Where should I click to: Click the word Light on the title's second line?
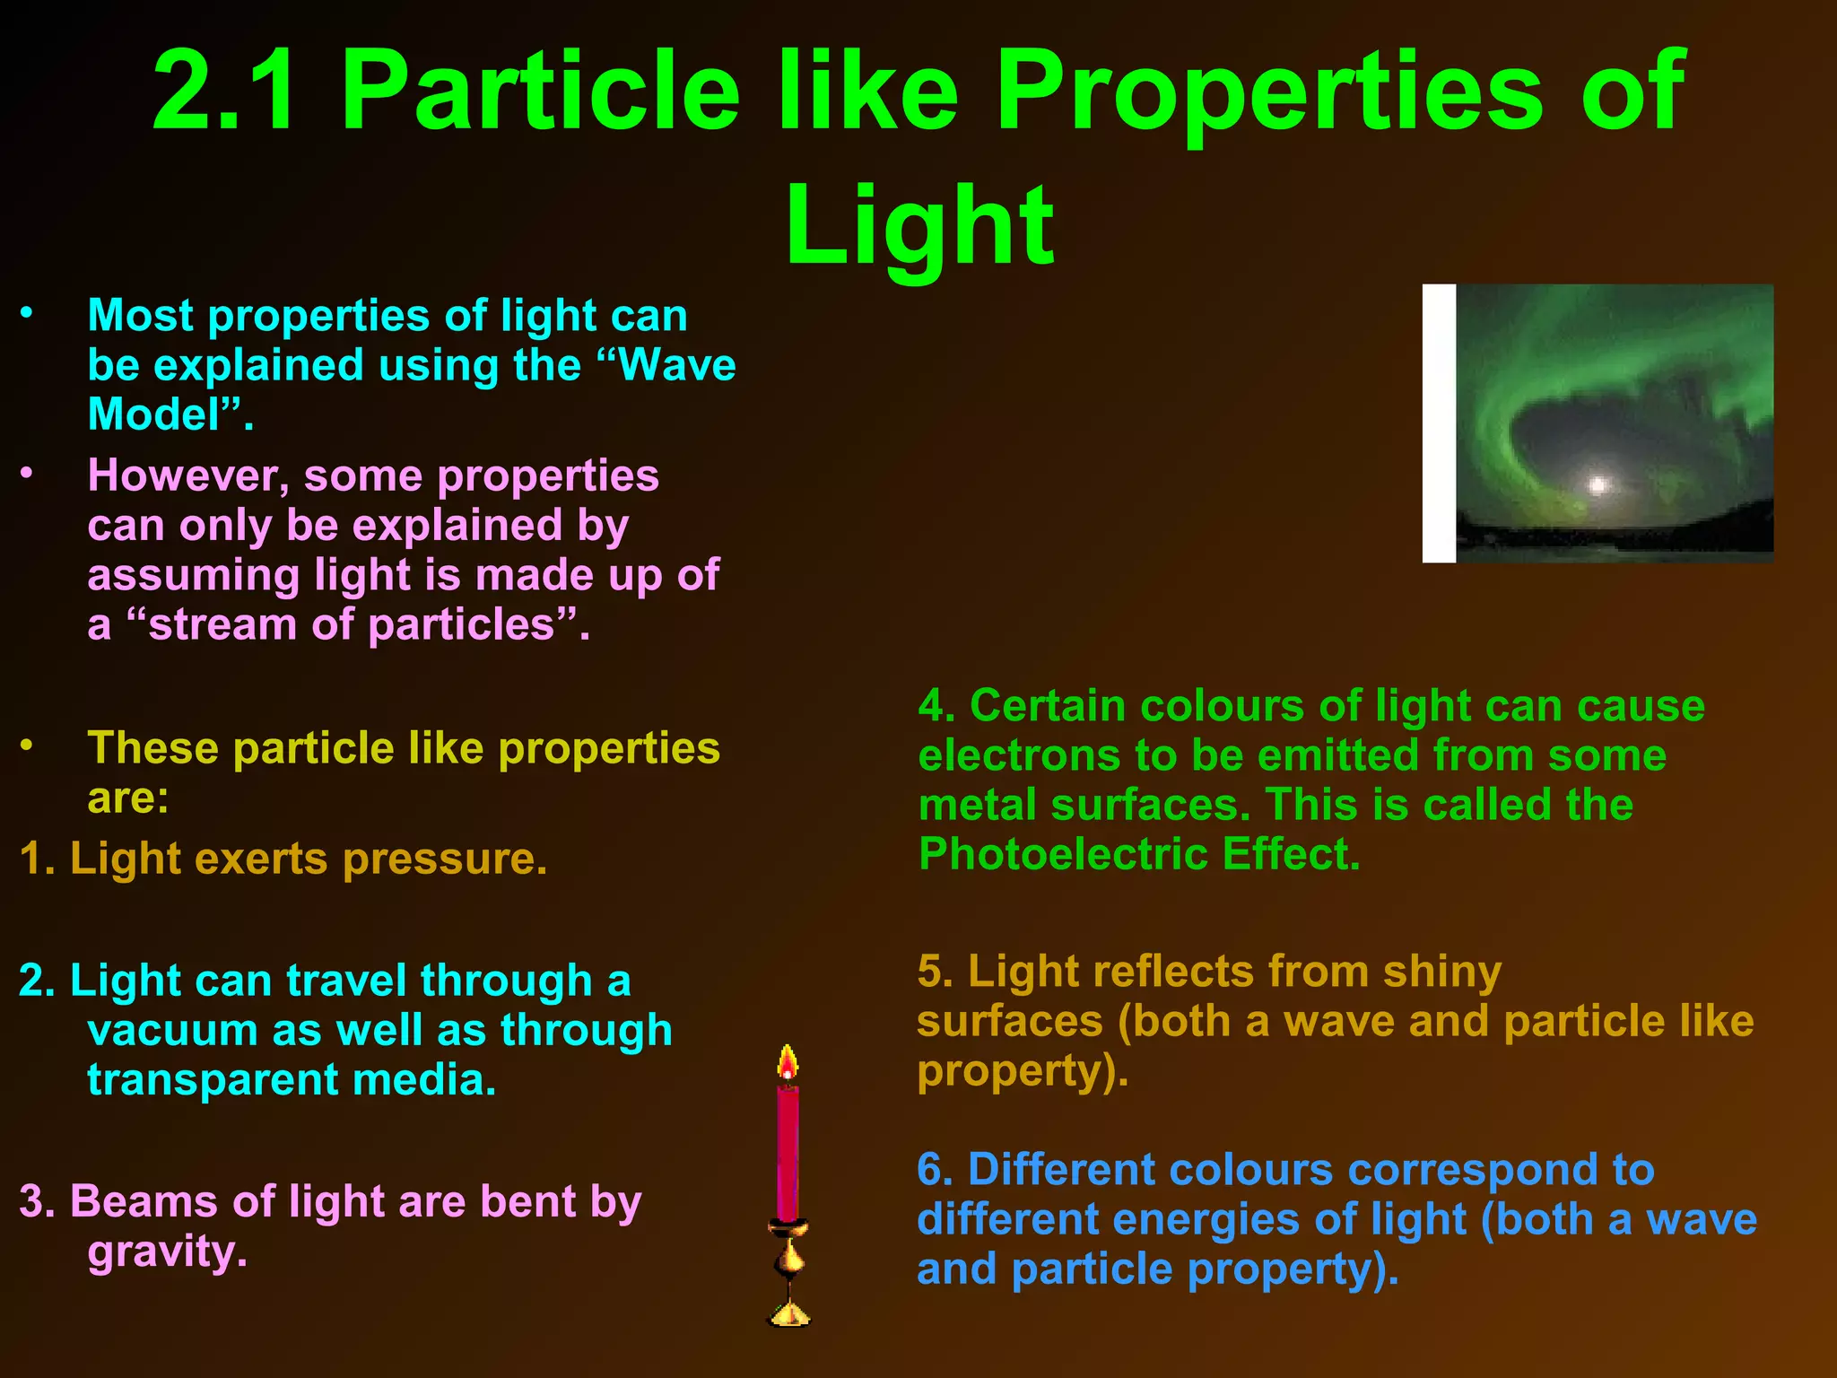[919, 226]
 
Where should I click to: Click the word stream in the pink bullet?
[222, 624]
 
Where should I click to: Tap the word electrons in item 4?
[1018, 755]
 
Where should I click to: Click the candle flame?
[788, 1065]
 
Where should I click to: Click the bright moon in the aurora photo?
[1597, 485]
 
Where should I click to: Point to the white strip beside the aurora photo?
[1439, 423]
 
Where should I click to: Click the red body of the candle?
[788, 1153]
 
